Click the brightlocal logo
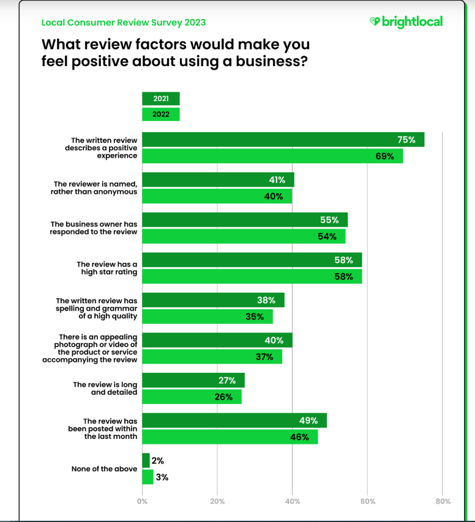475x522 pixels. tap(406, 22)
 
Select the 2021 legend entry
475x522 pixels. tap(161, 98)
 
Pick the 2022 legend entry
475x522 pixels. tap(161, 114)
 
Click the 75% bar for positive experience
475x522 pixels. tap(283, 140)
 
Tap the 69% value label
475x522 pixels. tap(384, 156)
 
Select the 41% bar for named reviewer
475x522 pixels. tap(218, 180)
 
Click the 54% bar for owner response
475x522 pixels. tap(244, 236)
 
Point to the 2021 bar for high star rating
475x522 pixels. tap(252, 260)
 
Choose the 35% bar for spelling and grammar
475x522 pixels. tap(207, 316)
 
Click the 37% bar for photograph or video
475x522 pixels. tap(212, 356)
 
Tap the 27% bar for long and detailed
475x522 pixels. tap(193, 380)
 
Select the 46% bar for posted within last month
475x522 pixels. tap(230, 436)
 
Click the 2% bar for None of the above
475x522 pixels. tap(146, 460)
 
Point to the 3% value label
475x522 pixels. tap(162, 477)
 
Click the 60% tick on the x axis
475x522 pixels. tap(367, 501)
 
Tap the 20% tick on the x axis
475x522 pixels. tap(217, 501)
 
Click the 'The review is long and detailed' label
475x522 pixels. tap(105, 388)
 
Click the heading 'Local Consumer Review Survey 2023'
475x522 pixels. tap(123, 23)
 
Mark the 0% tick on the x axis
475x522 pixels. tap(142, 501)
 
